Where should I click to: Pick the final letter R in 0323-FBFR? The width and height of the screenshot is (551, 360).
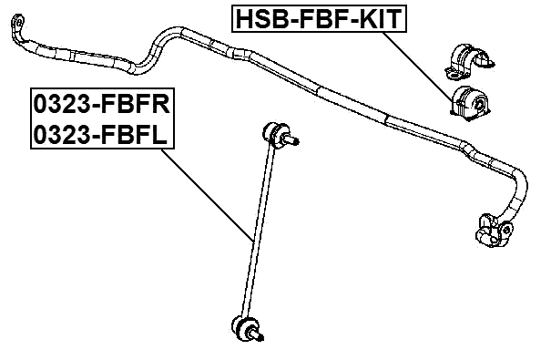[165, 104]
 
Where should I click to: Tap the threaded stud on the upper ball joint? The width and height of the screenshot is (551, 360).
[293, 140]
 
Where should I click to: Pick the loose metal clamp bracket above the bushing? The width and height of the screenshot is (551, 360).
[468, 57]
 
